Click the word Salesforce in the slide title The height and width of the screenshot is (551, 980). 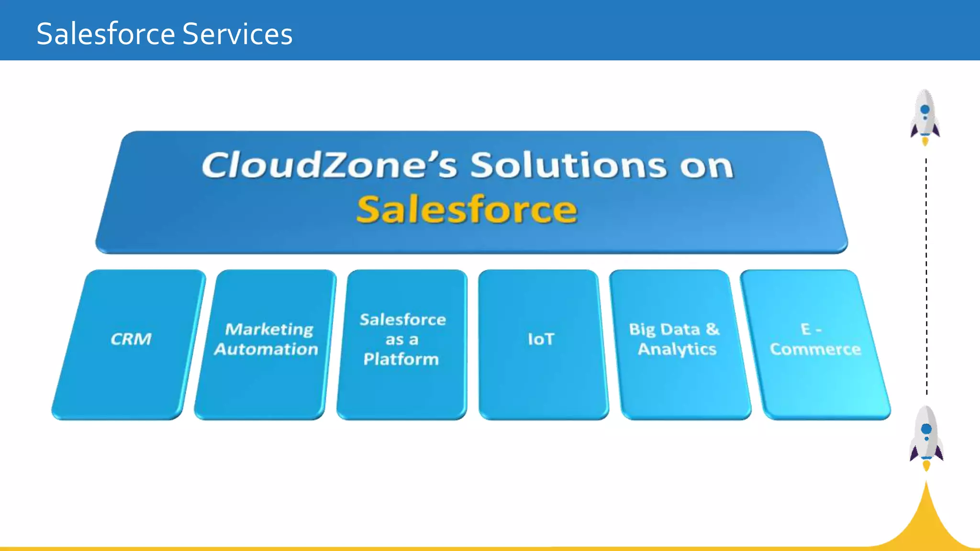[105, 34]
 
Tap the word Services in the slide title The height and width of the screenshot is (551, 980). [237, 34]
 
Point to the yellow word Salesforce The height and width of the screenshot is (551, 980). [467, 209]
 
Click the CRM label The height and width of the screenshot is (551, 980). [131, 339]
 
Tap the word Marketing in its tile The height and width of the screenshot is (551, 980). [269, 329]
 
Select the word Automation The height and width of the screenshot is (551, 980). [266, 349]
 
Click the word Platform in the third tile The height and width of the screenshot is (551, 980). [401, 359]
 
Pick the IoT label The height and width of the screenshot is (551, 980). [541, 339]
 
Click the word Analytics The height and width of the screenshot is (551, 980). [677, 349]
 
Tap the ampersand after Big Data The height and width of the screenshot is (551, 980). [713, 329]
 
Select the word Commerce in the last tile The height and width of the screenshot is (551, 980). [815, 349]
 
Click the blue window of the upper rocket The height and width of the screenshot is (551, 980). [925, 110]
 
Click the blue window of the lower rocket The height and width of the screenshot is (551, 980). [926, 429]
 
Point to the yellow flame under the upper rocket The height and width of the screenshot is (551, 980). [925, 142]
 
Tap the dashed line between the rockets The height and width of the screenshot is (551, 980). [926, 277]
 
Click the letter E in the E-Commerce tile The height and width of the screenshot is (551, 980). [806, 329]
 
